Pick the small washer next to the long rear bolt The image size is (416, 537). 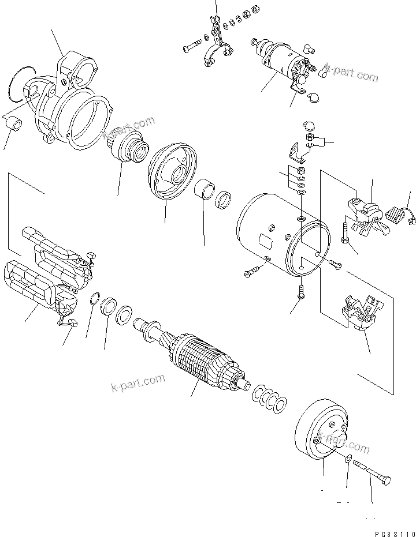347,460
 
